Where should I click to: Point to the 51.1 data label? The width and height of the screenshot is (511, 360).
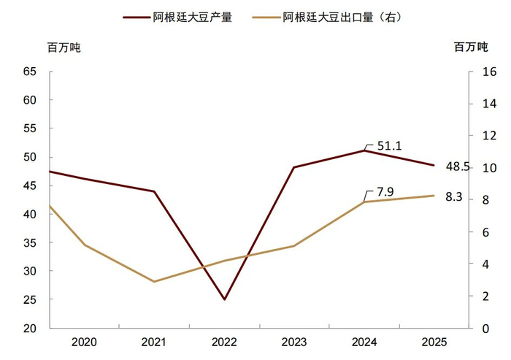click(389, 145)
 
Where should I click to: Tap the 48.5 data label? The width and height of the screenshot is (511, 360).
click(458, 166)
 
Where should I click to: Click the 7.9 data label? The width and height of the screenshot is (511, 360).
click(385, 192)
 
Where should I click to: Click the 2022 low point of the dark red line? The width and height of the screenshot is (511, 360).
click(224, 299)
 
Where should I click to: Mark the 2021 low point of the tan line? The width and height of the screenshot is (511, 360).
click(154, 281)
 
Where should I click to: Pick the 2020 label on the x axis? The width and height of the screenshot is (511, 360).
click(85, 342)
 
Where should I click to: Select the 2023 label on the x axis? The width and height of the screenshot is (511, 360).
click(294, 342)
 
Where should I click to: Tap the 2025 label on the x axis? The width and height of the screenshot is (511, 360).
click(434, 342)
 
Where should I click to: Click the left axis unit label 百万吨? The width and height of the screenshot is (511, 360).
click(64, 47)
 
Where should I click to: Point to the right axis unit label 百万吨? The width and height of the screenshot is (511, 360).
click(469, 47)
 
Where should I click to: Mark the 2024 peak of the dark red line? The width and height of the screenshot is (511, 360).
click(364, 150)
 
